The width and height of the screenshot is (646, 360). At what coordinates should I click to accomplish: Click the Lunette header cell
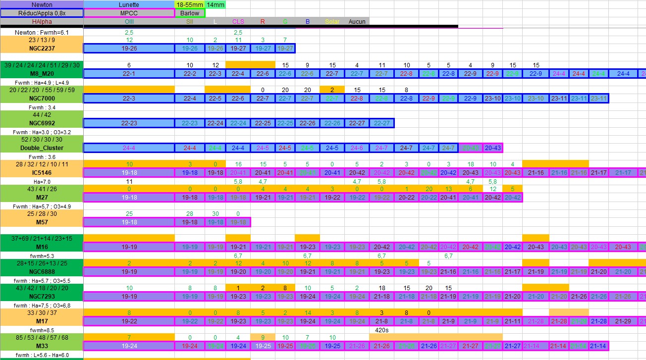point(129,4)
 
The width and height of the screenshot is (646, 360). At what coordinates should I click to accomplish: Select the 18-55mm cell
point(189,4)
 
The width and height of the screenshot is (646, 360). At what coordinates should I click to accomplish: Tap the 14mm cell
point(215,4)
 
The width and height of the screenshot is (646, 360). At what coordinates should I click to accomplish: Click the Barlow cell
point(190,13)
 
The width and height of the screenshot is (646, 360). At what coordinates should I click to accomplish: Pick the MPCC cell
point(129,13)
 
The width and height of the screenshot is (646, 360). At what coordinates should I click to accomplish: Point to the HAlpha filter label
point(42,22)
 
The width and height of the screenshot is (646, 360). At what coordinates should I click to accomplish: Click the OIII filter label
point(129,22)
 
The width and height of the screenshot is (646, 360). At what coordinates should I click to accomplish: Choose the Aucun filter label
point(357,22)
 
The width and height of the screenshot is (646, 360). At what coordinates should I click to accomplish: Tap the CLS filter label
point(238,22)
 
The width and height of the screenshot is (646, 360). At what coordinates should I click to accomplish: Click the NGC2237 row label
point(42,49)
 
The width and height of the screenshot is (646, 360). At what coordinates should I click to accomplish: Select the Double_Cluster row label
point(42,148)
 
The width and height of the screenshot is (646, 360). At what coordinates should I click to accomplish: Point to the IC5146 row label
point(42,173)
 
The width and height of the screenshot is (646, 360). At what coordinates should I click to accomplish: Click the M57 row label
point(42,222)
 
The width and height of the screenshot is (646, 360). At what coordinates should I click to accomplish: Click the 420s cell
point(381,330)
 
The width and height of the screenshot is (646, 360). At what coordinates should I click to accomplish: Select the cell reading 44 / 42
point(42,114)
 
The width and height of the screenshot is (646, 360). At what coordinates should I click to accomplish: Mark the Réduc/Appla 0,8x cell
point(42,13)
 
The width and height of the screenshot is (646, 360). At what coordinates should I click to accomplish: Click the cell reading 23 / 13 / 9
point(42,40)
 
